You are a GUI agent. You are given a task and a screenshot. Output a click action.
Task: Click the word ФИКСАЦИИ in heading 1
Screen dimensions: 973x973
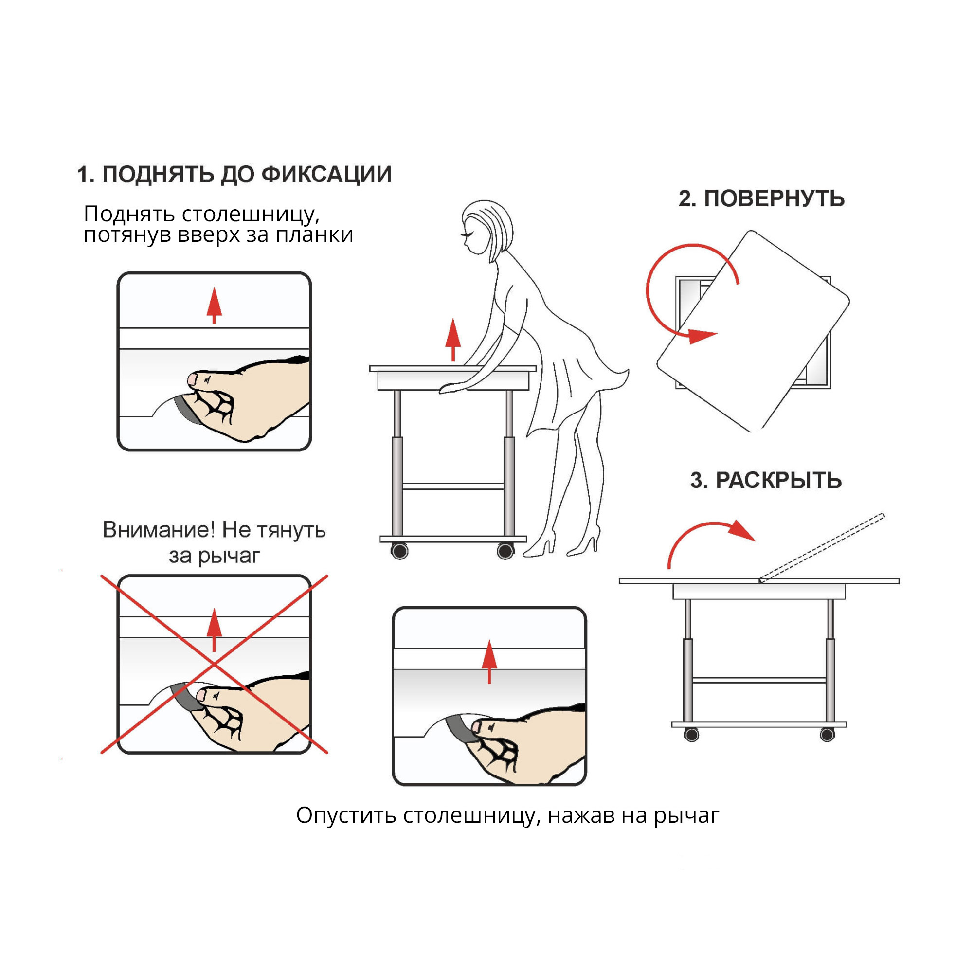click(x=326, y=174)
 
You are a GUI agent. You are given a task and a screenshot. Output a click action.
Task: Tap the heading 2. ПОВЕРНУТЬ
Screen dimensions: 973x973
click(x=761, y=198)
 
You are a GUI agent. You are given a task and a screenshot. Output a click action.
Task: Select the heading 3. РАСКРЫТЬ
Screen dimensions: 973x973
click(x=765, y=481)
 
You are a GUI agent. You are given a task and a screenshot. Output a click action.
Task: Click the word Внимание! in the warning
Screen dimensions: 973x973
click(x=159, y=529)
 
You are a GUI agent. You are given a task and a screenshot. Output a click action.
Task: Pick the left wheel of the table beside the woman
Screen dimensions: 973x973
click(x=399, y=552)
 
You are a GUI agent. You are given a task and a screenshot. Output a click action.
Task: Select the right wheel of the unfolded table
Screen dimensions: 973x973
click(x=827, y=735)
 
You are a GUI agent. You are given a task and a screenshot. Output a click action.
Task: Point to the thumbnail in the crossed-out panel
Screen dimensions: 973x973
click(x=201, y=696)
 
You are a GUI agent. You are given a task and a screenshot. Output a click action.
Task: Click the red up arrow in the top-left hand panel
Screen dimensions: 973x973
click(x=215, y=305)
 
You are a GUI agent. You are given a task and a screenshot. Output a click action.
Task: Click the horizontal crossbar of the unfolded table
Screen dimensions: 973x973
click(x=759, y=680)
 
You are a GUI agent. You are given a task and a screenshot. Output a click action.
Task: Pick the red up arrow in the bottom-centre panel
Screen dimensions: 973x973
click(x=489, y=661)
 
